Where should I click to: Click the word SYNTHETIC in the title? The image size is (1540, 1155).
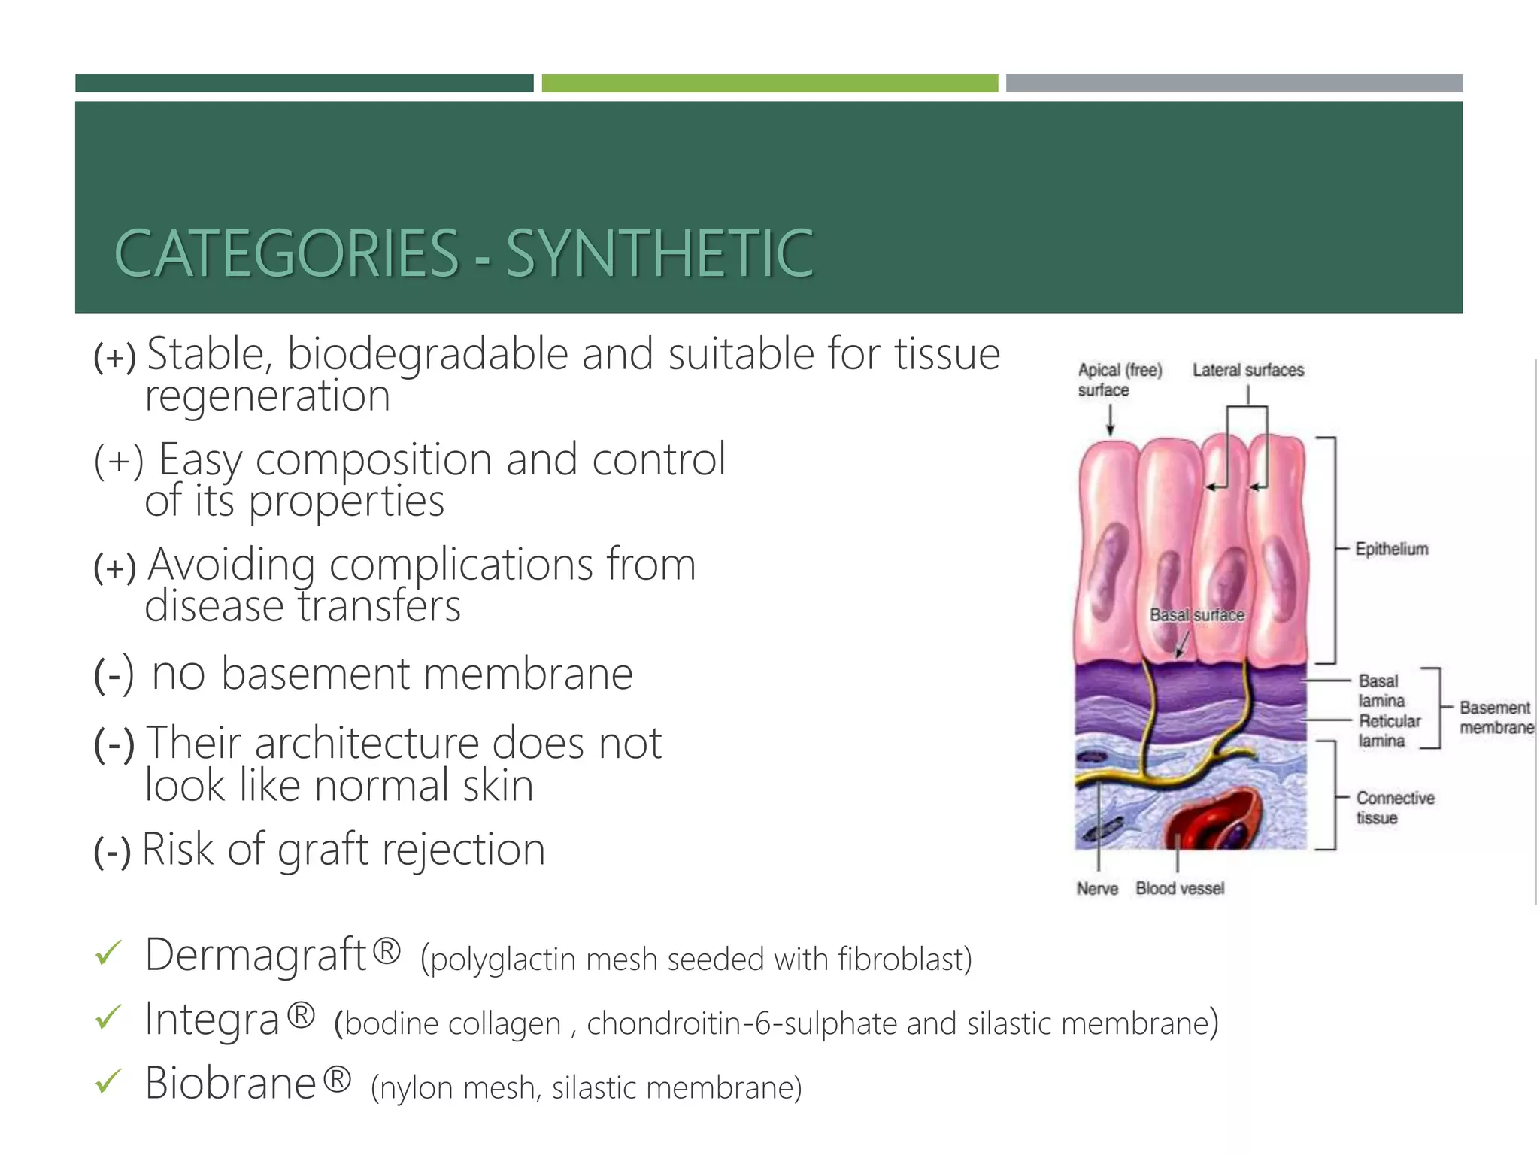click(659, 253)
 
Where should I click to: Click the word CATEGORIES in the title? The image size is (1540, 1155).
click(286, 253)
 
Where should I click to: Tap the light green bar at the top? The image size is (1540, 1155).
click(769, 83)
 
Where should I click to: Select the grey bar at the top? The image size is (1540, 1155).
click(1234, 83)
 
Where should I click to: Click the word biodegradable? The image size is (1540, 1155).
click(427, 355)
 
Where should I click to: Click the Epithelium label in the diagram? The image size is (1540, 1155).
click(1391, 549)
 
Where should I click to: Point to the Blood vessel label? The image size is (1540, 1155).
click(1180, 889)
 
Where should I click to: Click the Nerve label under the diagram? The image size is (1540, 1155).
click(1097, 889)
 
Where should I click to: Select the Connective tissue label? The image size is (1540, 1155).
click(1395, 808)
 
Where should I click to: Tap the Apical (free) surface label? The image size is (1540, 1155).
click(1119, 380)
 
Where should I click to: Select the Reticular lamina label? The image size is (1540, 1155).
click(1389, 731)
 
